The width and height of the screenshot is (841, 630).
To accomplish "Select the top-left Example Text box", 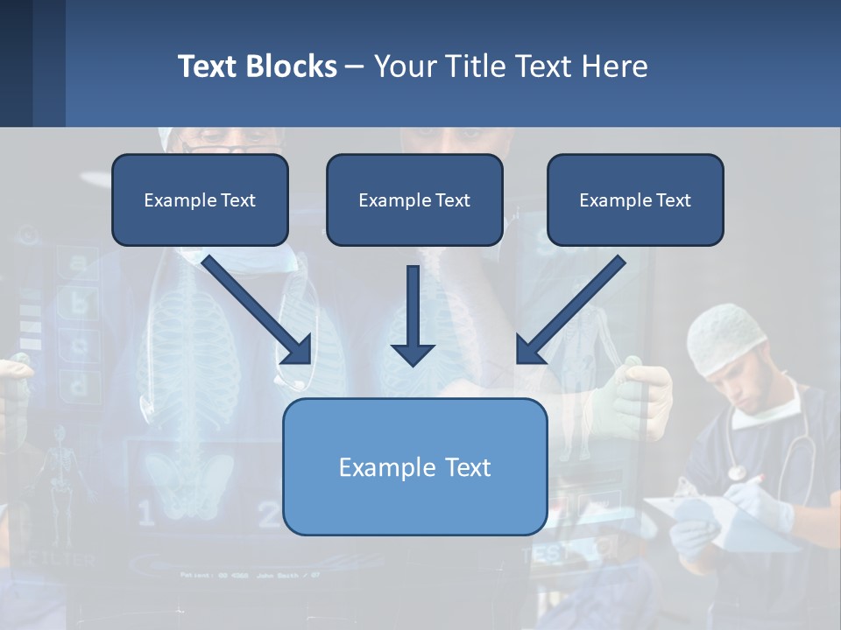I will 200,200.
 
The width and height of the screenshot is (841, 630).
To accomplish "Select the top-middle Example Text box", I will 414,200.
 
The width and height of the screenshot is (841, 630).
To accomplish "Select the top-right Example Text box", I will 635,200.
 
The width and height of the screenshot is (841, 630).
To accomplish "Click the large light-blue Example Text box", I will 414,466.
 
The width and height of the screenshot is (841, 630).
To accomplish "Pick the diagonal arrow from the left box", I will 258,311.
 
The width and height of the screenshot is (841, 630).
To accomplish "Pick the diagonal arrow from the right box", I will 569,311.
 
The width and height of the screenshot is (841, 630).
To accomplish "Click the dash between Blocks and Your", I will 355,67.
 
